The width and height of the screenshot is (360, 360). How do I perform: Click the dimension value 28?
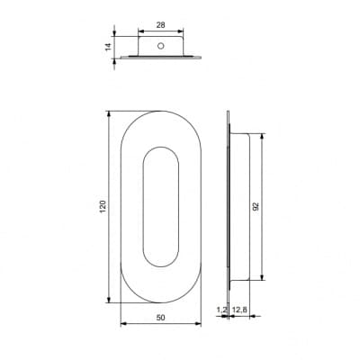click(x=161, y=25)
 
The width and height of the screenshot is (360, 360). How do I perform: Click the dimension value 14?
click(x=108, y=47)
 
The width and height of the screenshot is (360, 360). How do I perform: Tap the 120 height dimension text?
click(x=103, y=207)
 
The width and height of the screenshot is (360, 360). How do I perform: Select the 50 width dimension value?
click(x=161, y=318)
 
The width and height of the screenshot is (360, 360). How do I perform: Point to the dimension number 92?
click(x=256, y=206)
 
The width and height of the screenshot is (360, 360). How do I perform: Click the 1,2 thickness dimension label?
click(x=221, y=310)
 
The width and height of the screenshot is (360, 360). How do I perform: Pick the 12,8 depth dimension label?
click(x=239, y=310)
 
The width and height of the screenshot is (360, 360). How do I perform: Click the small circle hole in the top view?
click(x=161, y=46)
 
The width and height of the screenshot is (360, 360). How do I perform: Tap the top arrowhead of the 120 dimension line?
click(x=109, y=115)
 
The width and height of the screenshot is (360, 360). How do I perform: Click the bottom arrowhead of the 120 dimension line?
click(x=109, y=299)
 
